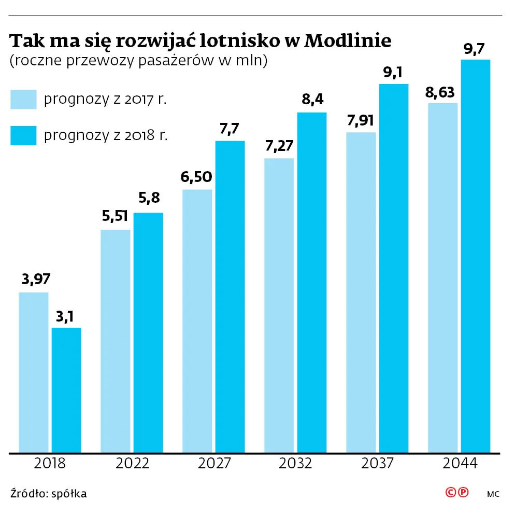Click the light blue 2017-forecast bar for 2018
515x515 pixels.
34,372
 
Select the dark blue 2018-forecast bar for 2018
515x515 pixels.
66,389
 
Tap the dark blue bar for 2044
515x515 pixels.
475,256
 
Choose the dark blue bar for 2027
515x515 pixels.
230,296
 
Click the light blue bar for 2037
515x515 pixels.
361,292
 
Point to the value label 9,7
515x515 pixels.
475,50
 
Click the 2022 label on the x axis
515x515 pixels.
132,463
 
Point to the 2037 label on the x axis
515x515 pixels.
377,463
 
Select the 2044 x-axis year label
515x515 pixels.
460,463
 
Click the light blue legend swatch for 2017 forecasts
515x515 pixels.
23,100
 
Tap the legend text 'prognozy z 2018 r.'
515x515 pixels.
106,136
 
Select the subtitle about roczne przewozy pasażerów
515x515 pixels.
138,61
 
